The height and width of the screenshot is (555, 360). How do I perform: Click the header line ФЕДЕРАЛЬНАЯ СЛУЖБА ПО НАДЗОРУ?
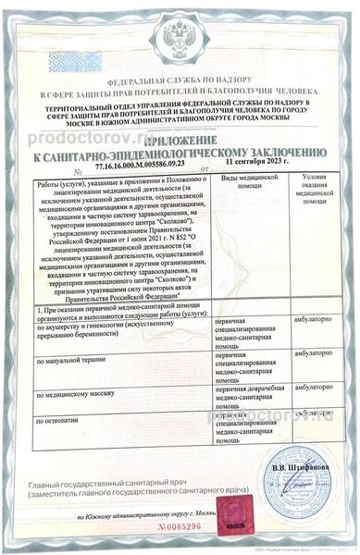pyautogui.click(x=180, y=82)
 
